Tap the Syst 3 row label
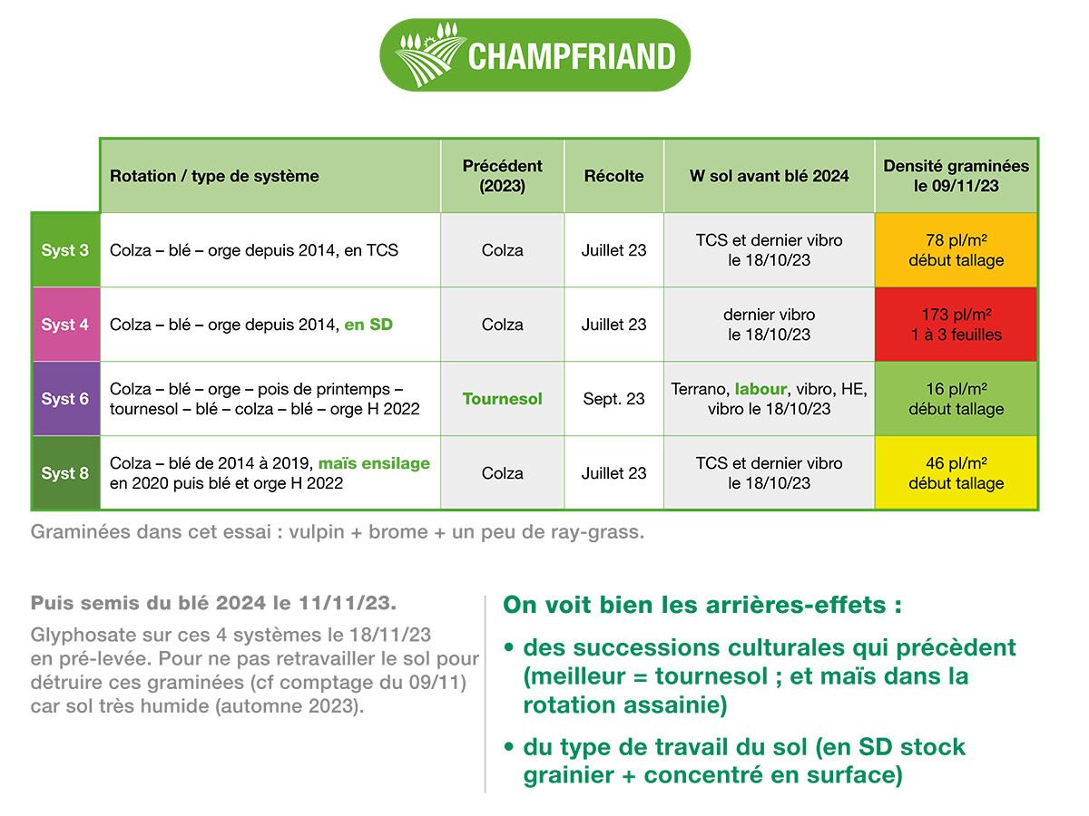(x=65, y=250)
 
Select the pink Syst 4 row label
(x=65, y=325)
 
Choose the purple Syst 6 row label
(x=65, y=399)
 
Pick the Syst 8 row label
(x=65, y=473)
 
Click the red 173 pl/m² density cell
(x=956, y=325)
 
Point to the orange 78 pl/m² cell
(x=956, y=250)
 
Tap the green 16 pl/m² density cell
(x=956, y=399)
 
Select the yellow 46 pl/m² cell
(x=956, y=473)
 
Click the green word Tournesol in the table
(x=502, y=399)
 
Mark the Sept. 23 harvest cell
(x=613, y=399)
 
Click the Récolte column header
(x=613, y=176)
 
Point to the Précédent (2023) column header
(x=502, y=176)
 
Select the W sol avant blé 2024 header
(x=769, y=176)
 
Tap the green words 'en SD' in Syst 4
(x=368, y=325)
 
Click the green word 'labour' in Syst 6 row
(x=760, y=389)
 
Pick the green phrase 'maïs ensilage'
(x=374, y=463)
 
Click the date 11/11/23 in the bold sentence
(x=347, y=604)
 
